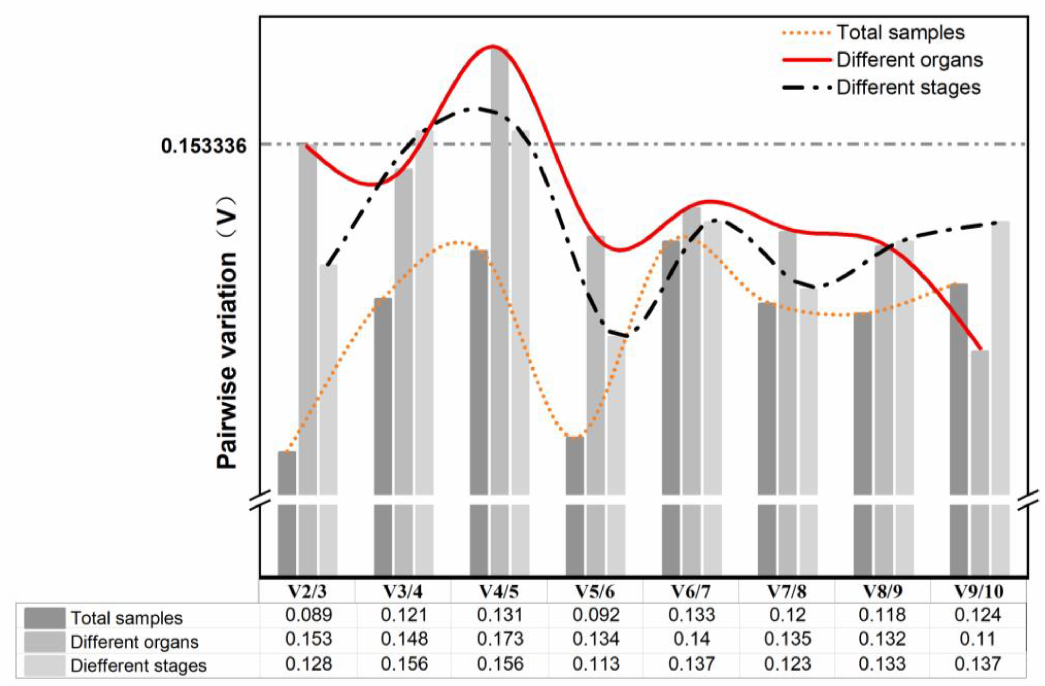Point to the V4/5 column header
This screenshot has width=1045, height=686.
(x=499, y=592)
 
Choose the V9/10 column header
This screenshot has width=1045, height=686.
(x=978, y=592)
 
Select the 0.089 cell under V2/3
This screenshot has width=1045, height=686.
(x=308, y=615)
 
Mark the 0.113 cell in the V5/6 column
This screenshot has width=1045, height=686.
(x=596, y=664)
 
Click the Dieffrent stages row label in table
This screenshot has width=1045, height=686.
(x=138, y=666)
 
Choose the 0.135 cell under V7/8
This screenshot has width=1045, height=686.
(x=787, y=639)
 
